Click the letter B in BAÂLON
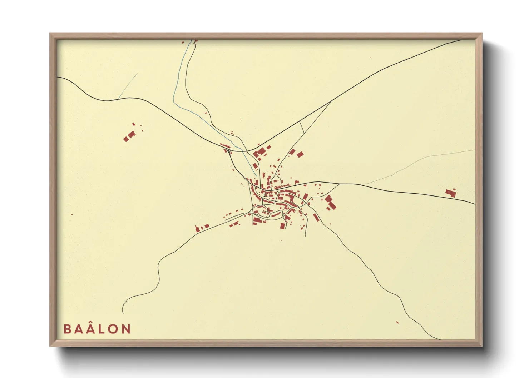67,329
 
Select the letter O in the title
113,329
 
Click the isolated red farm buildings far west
129,136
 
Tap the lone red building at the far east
451,193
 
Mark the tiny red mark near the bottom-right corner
397,322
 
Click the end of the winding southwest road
123,313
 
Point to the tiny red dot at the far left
72,215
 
